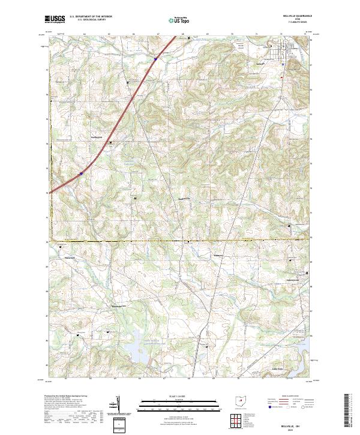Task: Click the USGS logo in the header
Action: click(54, 19)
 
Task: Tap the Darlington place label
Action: click(98, 136)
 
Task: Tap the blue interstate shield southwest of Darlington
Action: click(80, 174)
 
